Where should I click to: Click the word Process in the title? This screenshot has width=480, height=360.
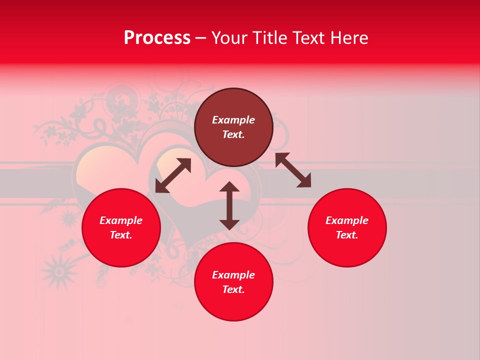click(x=157, y=38)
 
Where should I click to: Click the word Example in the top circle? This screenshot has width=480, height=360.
click(x=233, y=120)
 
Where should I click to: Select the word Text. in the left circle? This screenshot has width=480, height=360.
click(x=121, y=235)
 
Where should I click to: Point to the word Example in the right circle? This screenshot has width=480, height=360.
click(x=347, y=220)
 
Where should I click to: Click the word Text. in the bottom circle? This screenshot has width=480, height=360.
click(x=233, y=289)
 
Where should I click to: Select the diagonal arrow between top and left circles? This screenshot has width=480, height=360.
click(x=173, y=175)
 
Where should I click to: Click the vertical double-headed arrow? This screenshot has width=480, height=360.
click(x=229, y=205)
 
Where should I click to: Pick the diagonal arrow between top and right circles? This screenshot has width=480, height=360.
click(x=293, y=170)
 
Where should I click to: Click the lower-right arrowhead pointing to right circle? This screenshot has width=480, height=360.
click(x=304, y=181)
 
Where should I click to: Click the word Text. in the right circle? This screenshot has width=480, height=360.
click(x=347, y=235)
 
